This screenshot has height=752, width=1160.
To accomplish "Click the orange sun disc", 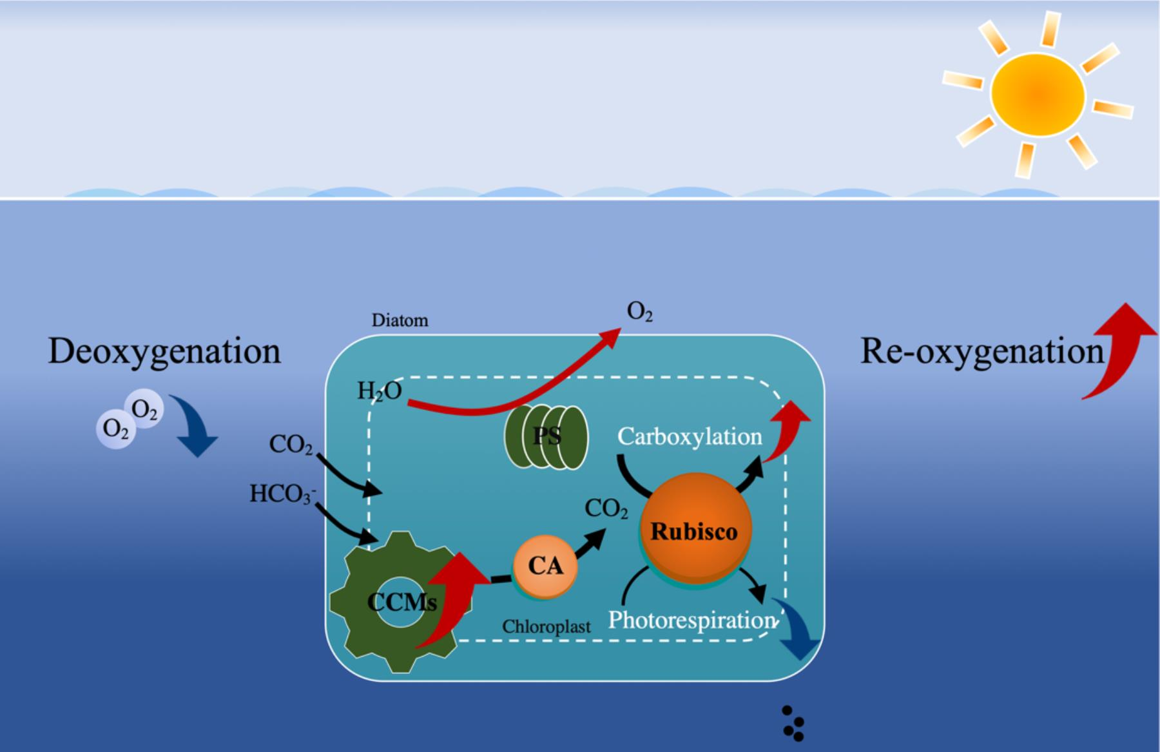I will (x=1038, y=95).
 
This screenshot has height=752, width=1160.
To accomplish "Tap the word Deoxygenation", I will (x=164, y=352).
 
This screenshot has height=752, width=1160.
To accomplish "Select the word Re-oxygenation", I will (x=981, y=352).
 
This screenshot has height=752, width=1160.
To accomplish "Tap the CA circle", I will (x=545, y=566).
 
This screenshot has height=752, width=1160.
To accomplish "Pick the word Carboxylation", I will (x=690, y=437).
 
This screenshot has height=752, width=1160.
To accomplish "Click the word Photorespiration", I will (x=691, y=620).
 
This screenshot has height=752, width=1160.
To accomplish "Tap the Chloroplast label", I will (x=546, y=626).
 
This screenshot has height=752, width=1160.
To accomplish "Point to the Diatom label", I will (x=400, y=320).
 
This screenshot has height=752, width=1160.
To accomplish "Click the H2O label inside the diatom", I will (x=380, y=391).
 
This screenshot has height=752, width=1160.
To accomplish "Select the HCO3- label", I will (x=282, y=494).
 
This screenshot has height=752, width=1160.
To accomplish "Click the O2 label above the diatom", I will (x=639, y=313).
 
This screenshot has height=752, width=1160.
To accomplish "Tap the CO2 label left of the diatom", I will (x=291, y=444).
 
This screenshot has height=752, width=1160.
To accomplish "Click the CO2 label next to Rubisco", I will (x=606, y=509).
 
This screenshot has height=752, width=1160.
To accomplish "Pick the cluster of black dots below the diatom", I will (x=793, y=724).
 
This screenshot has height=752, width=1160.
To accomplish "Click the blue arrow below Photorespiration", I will (x=798, y=635).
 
